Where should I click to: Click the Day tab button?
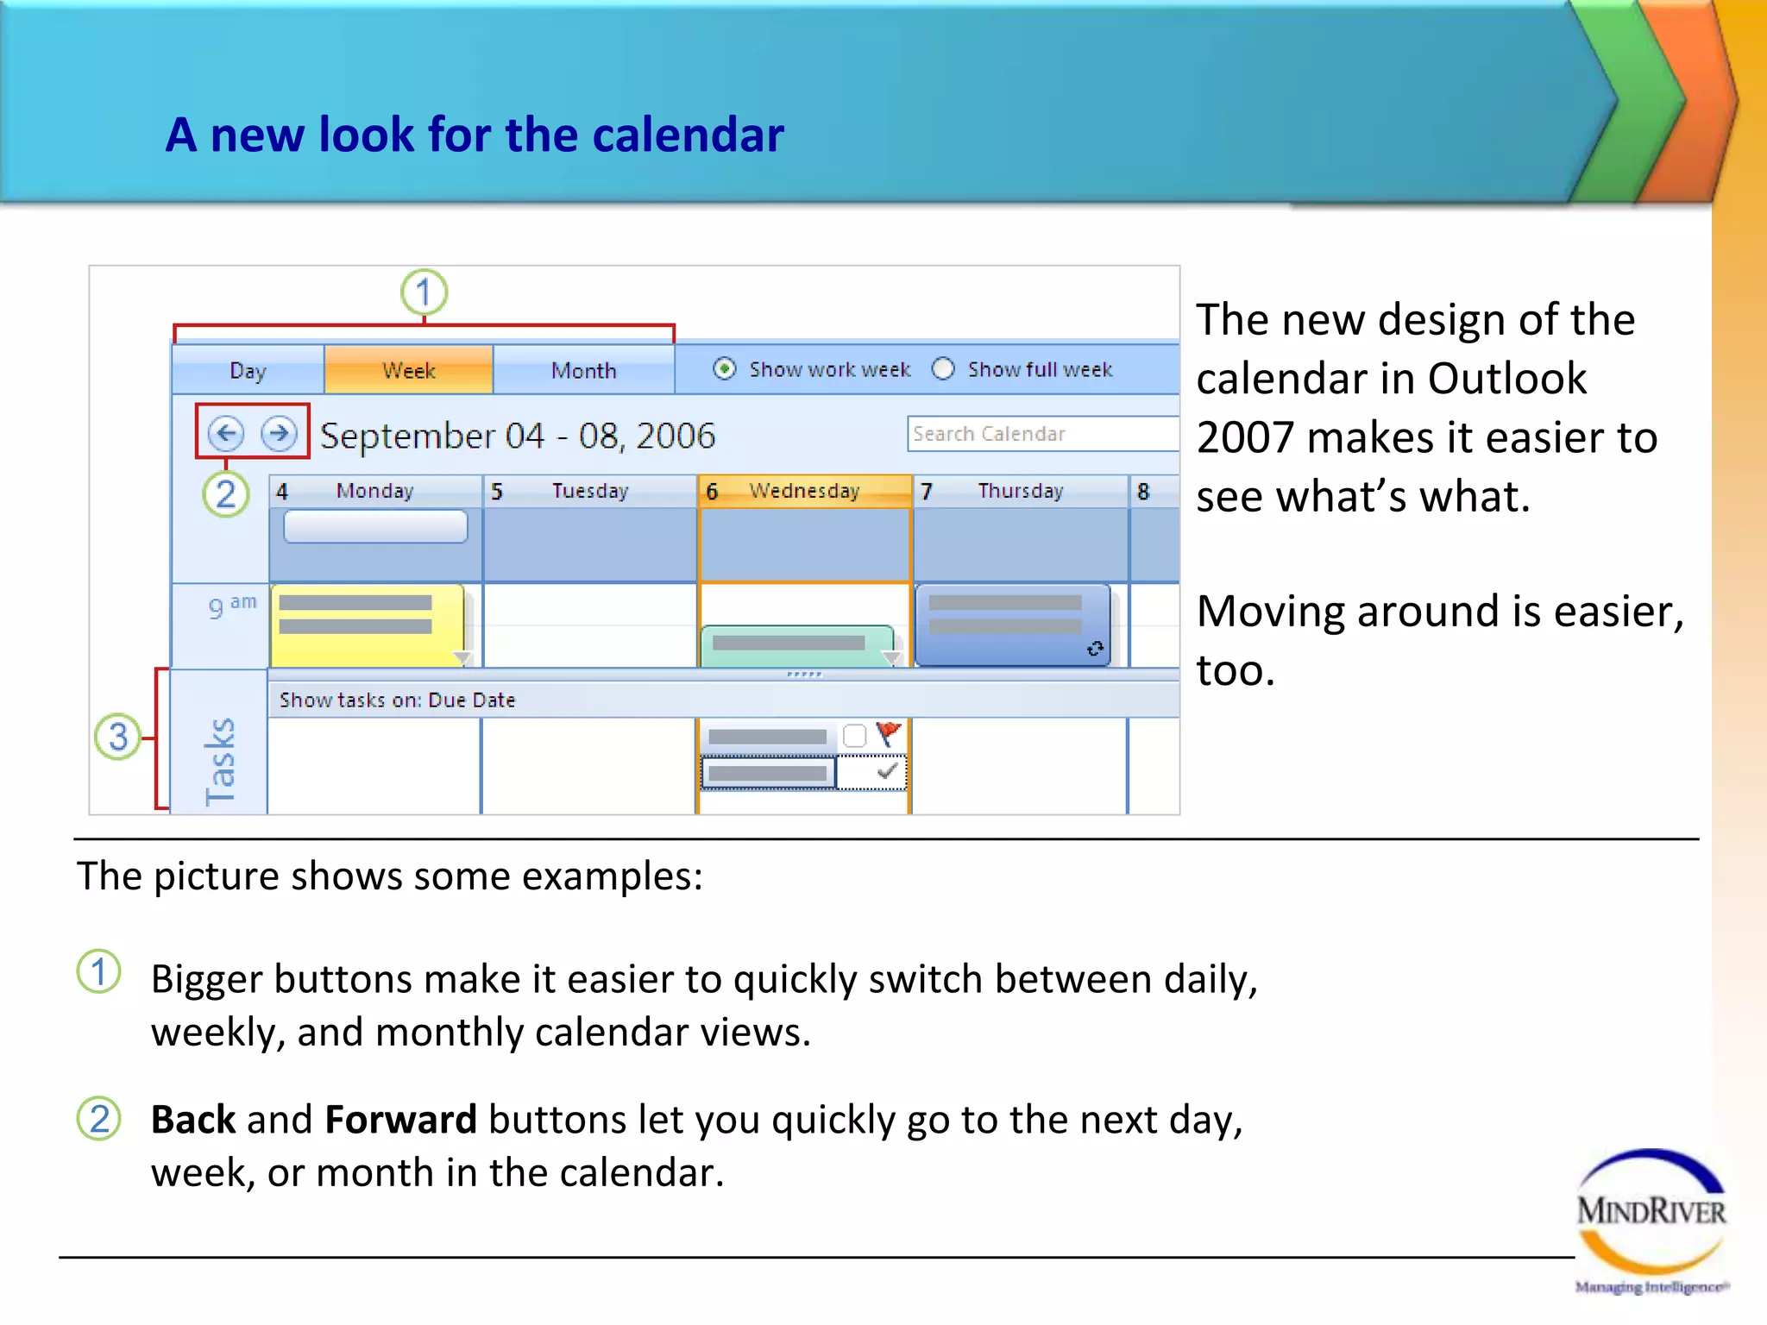click(x=248, y=371)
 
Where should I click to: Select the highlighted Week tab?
click(x=408, y=371)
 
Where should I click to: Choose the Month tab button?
click(x=583, y=371)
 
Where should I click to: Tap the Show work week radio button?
click(x=725, y=369)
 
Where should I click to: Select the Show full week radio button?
click(x=943, y=369)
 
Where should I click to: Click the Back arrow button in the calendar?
click(x=226, y=433)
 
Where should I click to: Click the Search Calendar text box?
click(x=1040, y=434)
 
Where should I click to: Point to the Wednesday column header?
click(x=803, y=491)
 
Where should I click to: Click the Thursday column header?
click(x=1020, y=491)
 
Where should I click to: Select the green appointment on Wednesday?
click(x=795, y=645)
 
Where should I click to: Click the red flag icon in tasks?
click(x=888, y=734)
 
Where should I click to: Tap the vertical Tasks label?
click(x=220, y=761)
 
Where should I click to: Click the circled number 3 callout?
click(x=117, y=737)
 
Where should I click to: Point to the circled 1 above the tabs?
click(x=424, y=292)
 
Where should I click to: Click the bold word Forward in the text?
click(x=400, y=1120)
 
